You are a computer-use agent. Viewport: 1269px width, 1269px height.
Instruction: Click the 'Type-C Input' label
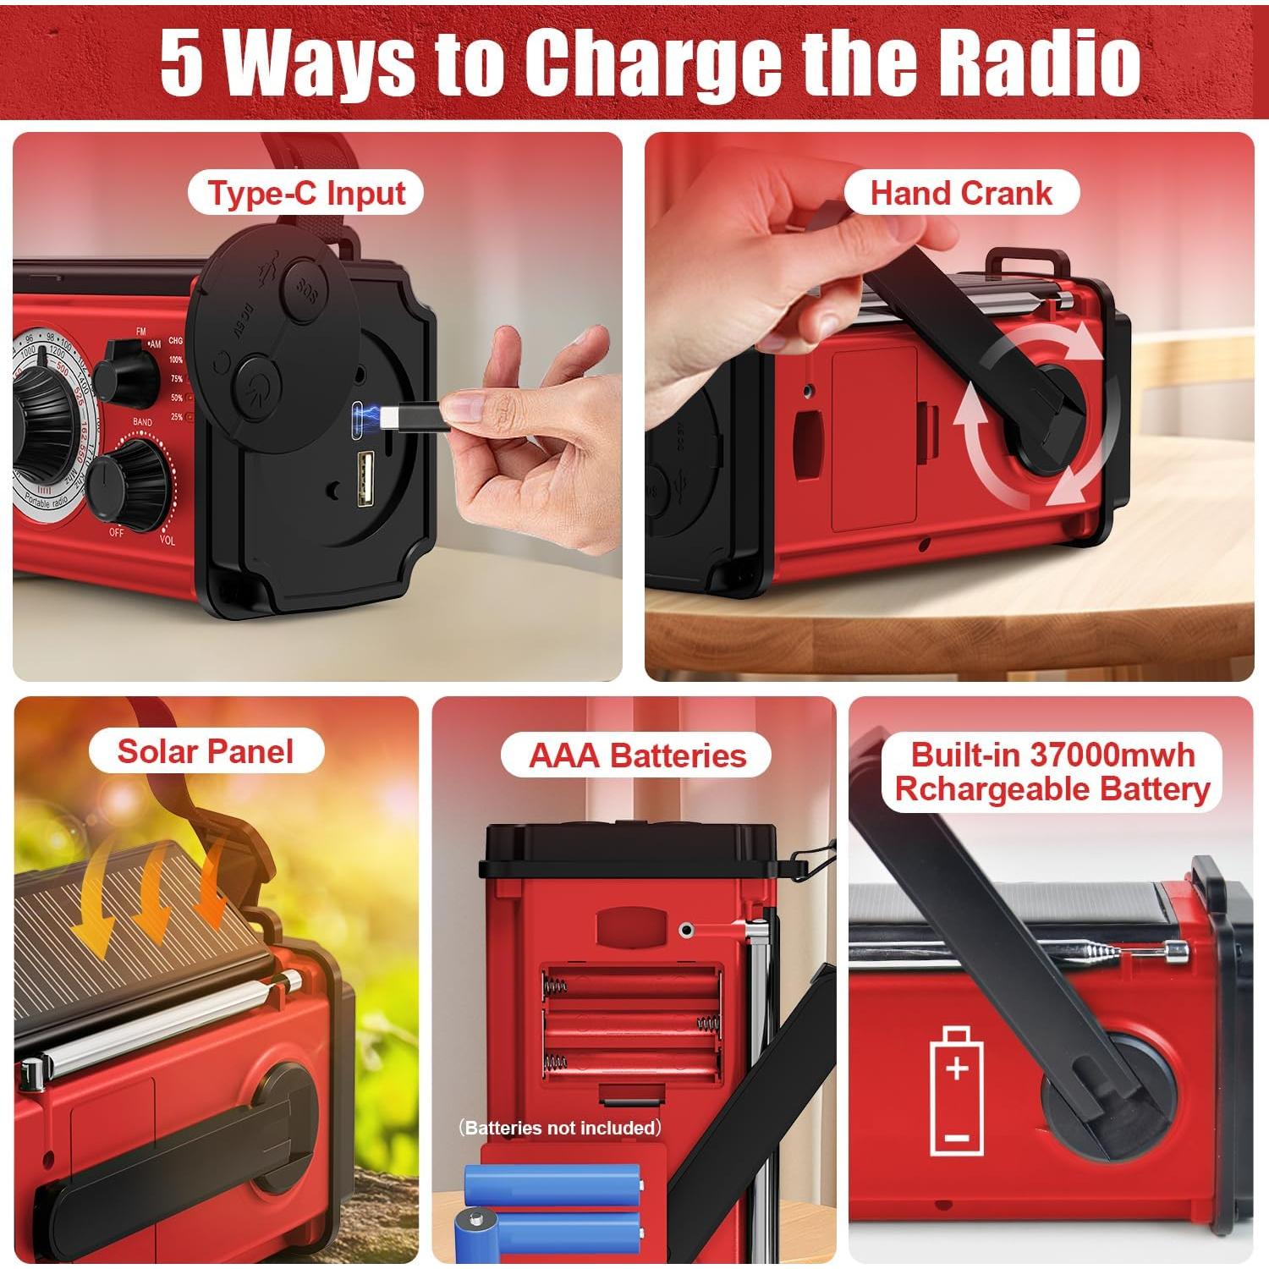point(305,193)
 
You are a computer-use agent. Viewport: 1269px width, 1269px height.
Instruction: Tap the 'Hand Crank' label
point(961,193)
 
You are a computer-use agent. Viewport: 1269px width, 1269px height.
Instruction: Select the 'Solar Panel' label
point(206,751)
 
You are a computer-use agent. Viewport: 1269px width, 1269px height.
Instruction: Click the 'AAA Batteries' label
point(637,755)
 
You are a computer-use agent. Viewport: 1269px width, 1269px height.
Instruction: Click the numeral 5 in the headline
point(182,63)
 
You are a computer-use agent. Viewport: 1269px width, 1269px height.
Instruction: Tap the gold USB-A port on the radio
point(365,479)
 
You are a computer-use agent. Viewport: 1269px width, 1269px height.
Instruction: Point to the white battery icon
point(956,1091)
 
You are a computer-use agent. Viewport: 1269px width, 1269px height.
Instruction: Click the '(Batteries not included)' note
point(561,1128)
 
